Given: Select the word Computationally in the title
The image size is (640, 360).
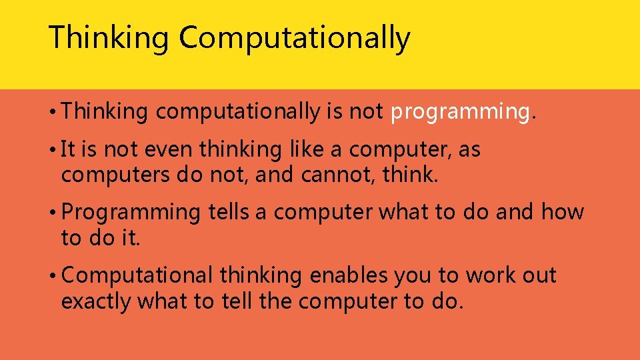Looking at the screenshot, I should coord(294,38).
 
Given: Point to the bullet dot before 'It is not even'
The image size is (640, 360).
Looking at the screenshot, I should coord(53,151).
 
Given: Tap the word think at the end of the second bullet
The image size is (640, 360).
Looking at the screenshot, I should coord(408,175).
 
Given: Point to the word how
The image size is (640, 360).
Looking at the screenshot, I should coord(562,213).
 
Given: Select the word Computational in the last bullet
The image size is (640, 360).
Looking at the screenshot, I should coord(137,275).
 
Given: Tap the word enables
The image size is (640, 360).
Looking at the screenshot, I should coord(346,275).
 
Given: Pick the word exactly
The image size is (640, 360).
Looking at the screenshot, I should coord(96,301).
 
